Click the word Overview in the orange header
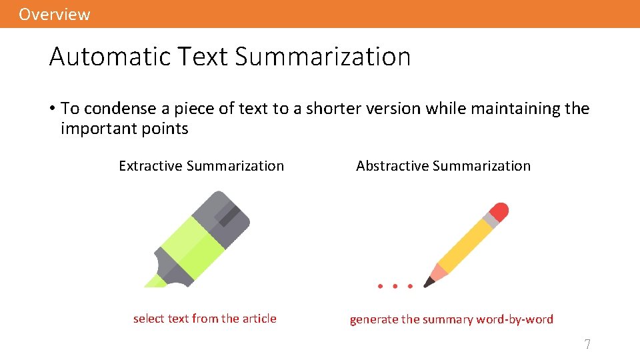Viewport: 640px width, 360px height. click(54, 14)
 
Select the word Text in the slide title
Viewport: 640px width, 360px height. click(204, 57)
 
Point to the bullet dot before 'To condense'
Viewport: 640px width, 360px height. click(52, 108)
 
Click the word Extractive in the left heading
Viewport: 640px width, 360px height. click(151, 166)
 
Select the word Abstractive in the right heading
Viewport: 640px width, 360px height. click(391, 166)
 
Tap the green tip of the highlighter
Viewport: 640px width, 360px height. click(155, 282)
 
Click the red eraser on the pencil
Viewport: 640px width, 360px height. click(499, 211)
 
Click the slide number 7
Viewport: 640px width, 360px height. click(587, 345)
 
